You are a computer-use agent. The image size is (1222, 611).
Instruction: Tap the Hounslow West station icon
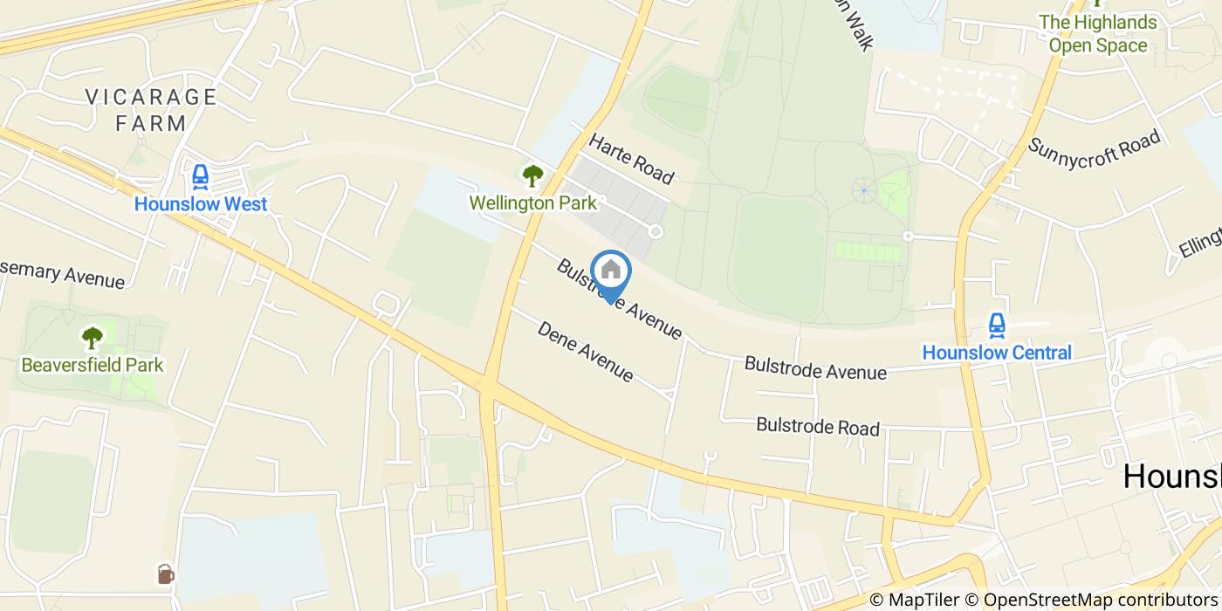click(201, 178)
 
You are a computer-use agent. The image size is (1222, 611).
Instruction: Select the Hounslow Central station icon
click(997, 326)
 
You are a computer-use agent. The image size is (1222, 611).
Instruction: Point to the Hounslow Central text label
click(997, 354)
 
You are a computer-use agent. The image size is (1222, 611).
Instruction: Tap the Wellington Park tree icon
click(532, 176)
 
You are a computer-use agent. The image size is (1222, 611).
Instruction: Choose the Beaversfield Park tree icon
click(93, 338)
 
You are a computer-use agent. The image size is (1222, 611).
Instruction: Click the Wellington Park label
click(532, 203)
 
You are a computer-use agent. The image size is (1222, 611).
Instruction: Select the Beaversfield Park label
click(93, 364)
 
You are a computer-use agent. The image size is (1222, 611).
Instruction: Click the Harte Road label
click(632, 159)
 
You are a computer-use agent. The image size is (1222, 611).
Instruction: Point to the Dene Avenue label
click(585, 352)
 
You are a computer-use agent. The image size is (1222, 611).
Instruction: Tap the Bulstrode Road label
click(818, 427)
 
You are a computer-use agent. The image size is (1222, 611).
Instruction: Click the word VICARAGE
click(151, 96)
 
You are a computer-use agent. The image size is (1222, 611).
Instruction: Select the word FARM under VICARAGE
click(151, 123)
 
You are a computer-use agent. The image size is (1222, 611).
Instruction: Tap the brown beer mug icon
click(166, 573)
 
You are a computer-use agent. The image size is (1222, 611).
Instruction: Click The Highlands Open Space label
click(1097, 34)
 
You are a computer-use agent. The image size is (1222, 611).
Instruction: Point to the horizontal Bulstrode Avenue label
click(815, 368)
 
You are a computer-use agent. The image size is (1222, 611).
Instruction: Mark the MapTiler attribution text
click(916, 600)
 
